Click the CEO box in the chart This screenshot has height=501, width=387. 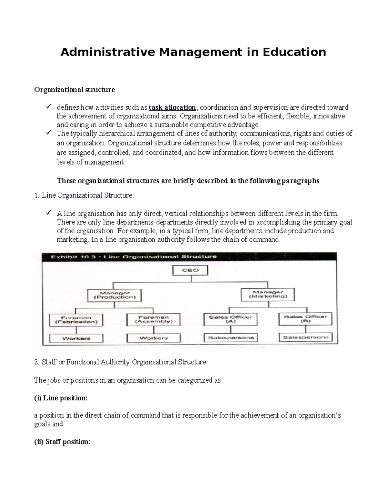coord(190,270)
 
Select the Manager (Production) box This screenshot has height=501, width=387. coord(114,295)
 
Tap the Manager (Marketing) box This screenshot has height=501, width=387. coord(268,294)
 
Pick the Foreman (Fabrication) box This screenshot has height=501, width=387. coord(76,320)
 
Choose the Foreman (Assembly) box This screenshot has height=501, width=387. coord(154,319)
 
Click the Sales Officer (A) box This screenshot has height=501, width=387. coord(231,319)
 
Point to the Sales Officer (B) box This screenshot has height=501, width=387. coord(305,319)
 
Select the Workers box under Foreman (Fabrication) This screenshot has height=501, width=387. coord(76,338)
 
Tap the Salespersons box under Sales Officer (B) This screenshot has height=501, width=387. coord(305,337)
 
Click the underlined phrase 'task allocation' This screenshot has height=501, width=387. coord(172,107)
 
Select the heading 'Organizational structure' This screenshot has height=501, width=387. coord(74,90)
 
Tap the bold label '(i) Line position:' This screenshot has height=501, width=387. coord(61,398)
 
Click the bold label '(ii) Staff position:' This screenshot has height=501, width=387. coord(62,442)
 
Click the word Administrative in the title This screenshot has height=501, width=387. coord(108,52)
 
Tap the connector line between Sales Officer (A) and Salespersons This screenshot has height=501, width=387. coord(231,330)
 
